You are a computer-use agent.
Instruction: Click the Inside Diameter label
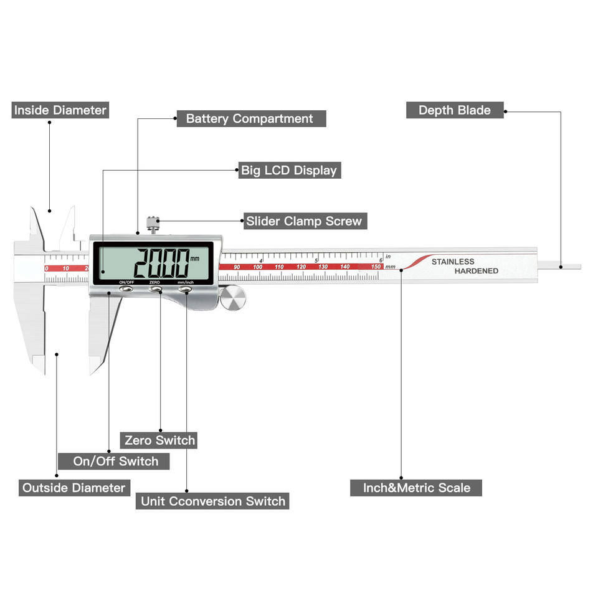click(60, 110)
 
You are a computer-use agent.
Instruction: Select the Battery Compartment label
click(249, 118)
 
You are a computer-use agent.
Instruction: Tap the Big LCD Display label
click(289, 170)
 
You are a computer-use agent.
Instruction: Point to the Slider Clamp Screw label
click(303, 221)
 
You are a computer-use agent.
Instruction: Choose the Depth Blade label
click(454, 110)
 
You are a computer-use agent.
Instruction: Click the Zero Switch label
click(159, 440)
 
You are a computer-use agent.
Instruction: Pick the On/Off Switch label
click(116, 461)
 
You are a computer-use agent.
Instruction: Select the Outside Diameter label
click(74, 487)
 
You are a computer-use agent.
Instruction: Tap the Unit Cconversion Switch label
click(212, 501)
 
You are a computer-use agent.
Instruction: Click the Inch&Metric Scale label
click(416, 487)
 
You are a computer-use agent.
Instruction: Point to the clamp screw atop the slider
click(152, 222)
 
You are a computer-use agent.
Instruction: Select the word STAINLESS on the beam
click(453, 262)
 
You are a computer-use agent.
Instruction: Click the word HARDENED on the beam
click(476, 271)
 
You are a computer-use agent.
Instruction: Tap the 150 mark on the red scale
click(376, 267)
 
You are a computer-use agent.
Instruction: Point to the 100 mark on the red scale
click(257, 267)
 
